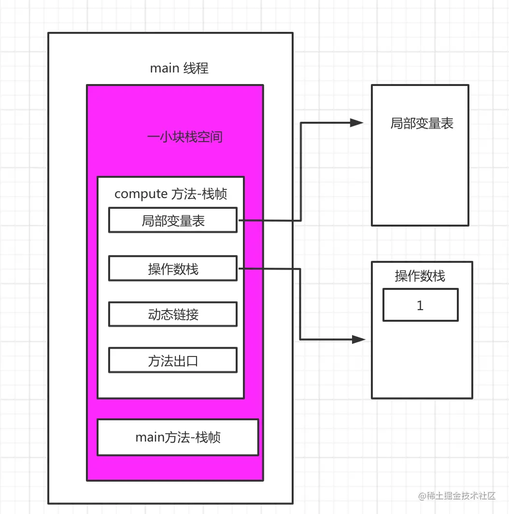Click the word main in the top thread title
(164, 68)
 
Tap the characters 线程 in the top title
(196, 68)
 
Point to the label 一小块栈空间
(184, 137)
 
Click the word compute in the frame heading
(141, 194)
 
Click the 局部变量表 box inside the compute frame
(173, 220)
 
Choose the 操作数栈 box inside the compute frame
(173, 269)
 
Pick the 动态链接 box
(173, 314)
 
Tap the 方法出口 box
(173, 360)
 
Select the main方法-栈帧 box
(178, 437)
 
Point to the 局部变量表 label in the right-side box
(422, 124)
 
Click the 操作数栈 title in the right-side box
(420, 276)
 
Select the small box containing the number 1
(420, 305)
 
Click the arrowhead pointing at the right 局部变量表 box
(357, 123)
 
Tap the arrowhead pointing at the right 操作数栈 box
(359, 340)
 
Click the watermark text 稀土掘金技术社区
(461, 496)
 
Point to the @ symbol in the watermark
(422, 496)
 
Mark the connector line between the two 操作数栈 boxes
(300, 304)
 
